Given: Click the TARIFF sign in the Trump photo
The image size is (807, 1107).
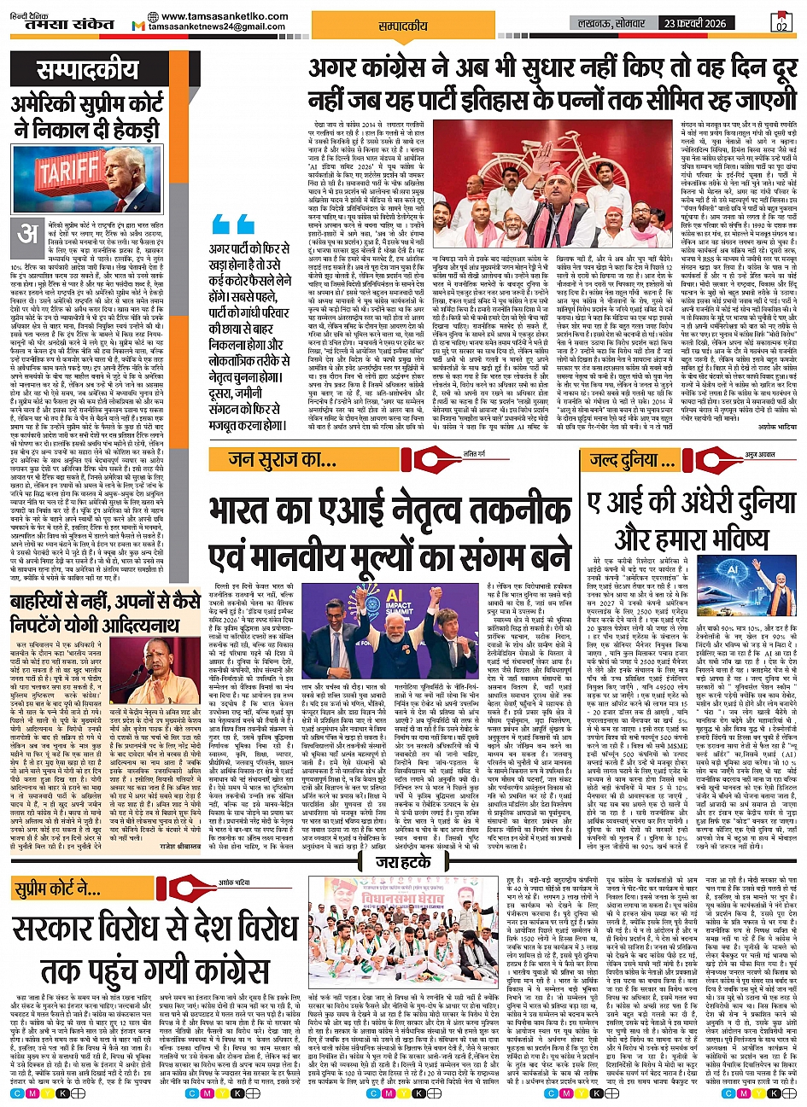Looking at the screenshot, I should (67, 172).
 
